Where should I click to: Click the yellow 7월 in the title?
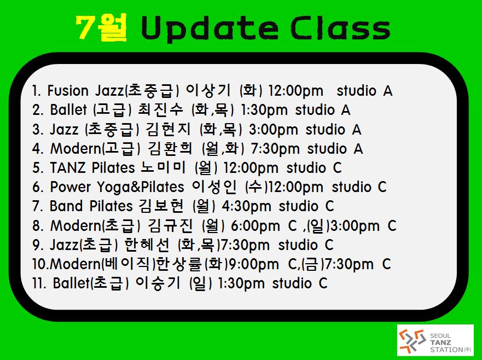point(101,27)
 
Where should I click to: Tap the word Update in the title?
point(210,28)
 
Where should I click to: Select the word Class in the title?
point(340,28)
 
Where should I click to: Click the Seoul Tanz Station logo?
point(435,340)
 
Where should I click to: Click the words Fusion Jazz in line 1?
point(85,91)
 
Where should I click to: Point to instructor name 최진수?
point(160,110)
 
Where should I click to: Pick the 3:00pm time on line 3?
point(273,130)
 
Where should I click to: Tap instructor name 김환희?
point(170,148)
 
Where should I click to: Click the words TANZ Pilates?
point(92,168)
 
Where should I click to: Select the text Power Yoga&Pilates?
point(117,187)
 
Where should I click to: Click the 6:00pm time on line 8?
point(255,226)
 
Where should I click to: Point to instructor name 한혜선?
point(147,245)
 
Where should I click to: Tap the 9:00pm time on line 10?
point(254,264)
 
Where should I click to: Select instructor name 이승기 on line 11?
point(158,283)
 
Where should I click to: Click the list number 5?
point(36,168)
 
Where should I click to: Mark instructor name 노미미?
point(163,167)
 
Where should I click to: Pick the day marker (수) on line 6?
point(257,187)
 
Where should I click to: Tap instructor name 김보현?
point(161,206)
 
